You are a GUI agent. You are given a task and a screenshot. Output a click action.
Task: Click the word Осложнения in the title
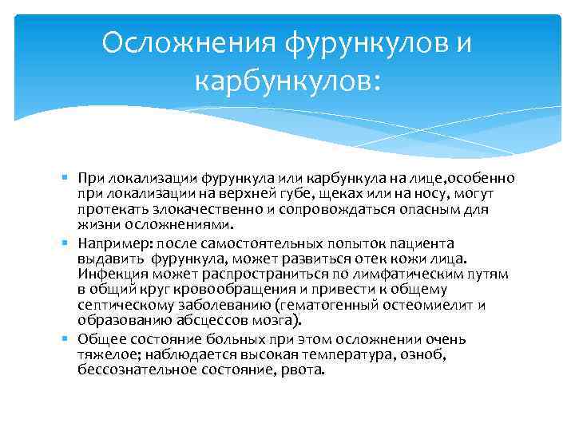pos(188,42)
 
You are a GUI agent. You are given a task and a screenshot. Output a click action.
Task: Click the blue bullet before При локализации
pos(65,177)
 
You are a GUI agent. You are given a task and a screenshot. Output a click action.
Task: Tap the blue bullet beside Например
pos(65,243)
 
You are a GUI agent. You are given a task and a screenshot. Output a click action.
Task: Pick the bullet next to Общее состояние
pos(65,338)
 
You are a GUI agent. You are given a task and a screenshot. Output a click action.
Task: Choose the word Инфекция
pos(113,275)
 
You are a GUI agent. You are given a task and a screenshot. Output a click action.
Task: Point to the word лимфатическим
pos(404,275)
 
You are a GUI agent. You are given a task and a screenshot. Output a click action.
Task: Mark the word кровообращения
pos(234,290)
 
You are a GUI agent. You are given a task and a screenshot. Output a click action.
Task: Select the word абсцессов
pos(212,321)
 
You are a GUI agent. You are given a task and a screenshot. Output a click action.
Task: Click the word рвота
pos(303,370)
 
